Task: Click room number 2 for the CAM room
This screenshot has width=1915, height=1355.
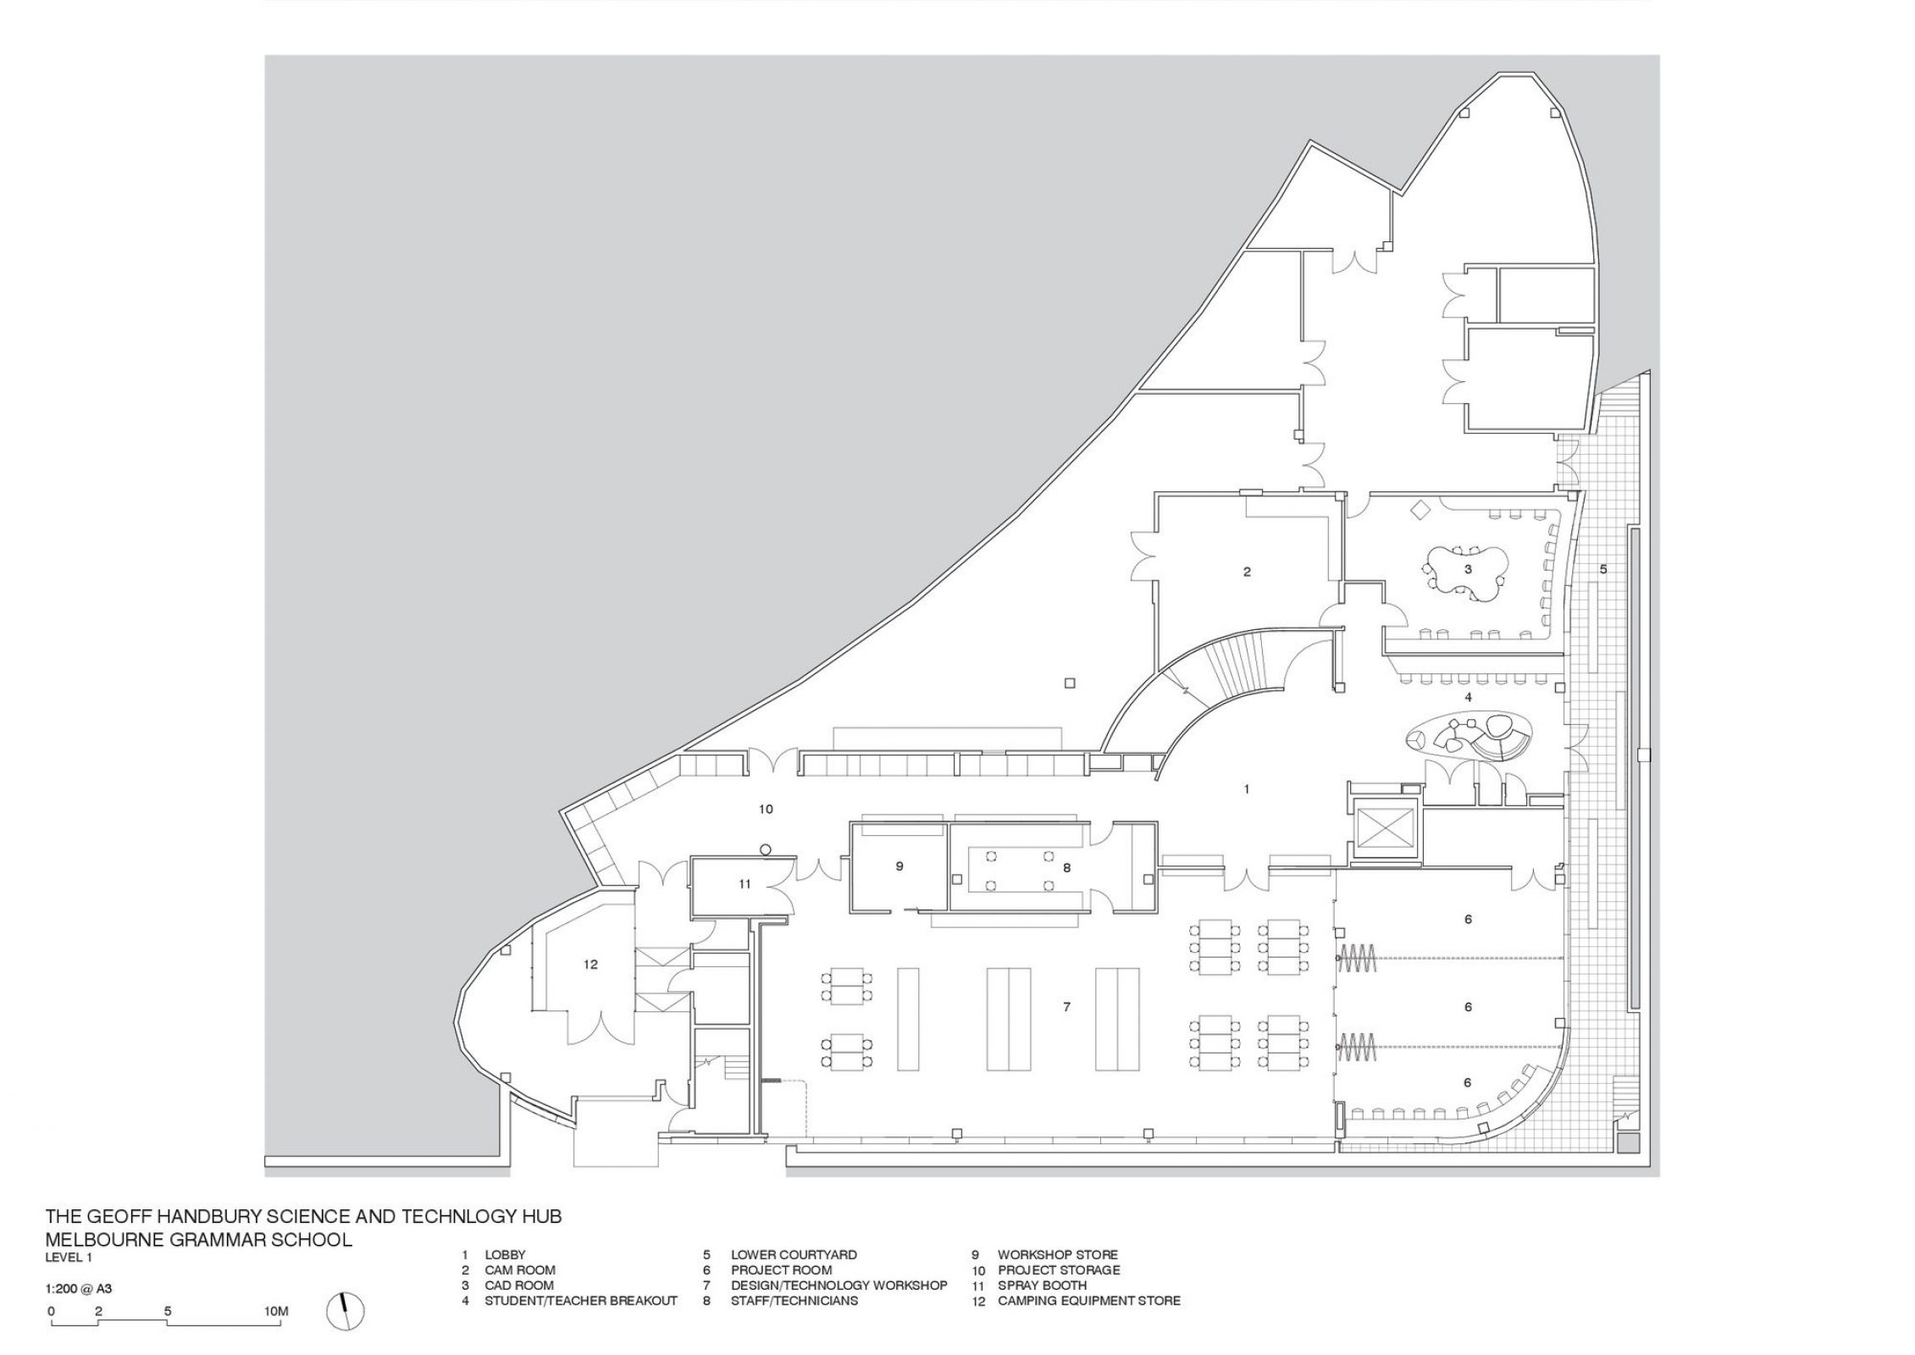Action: [1247, 572]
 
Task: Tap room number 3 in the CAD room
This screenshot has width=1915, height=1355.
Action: [1468, 570]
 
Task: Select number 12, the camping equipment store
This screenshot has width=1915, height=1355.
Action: [590, 964]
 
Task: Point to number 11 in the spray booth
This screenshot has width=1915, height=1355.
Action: [744, 884]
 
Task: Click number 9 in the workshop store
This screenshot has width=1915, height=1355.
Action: [899, 866]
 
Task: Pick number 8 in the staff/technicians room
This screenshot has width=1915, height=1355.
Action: [1067, 867]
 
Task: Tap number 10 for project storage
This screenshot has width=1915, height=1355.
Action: [766, 810]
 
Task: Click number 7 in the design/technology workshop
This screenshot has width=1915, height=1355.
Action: [1067, 1007]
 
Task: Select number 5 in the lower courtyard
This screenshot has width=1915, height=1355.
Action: [1603, 570]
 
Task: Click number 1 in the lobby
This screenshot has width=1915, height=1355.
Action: [1246, 788]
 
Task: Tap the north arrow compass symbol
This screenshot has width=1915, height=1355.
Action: [346, 1312]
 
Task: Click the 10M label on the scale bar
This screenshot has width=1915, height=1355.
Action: [276, 1311]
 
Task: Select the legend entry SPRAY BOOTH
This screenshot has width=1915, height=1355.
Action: [1042, 1286]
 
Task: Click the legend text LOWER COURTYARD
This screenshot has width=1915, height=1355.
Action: [794, 1255]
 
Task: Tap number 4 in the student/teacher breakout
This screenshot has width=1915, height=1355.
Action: [1468, 697]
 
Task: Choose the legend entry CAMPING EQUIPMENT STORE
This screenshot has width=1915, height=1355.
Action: [1088, 1301]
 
